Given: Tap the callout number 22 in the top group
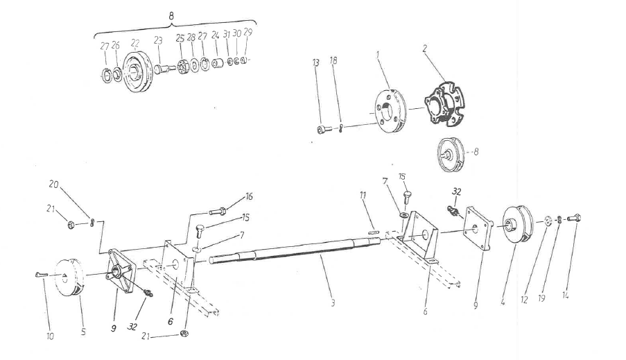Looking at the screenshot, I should tap(135, 43).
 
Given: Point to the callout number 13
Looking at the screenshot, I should tap(315, 62).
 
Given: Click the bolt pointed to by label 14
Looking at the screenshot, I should tap(572, 218).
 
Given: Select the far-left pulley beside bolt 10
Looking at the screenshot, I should tap(70, 281).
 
